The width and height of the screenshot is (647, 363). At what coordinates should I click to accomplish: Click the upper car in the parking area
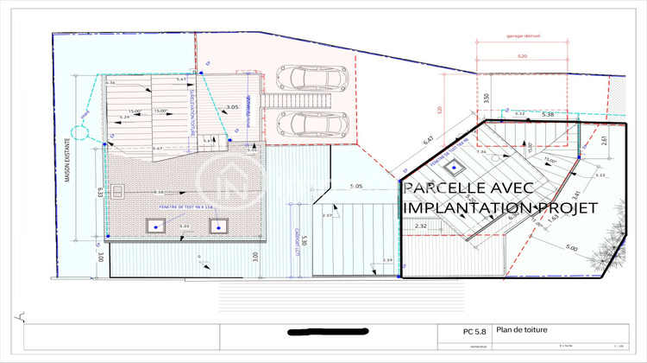[x=315, y=78]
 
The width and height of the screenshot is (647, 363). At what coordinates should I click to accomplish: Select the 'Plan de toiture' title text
[x=527, y=329]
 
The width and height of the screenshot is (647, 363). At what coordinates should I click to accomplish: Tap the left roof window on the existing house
[x=157, y=226]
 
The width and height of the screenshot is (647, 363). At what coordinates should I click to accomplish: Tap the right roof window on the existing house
[x=218, y=226]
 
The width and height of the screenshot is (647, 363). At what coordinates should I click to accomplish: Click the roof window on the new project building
[x=461, y=167]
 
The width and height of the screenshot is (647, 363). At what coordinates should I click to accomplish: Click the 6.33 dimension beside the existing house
[x=100, y=192]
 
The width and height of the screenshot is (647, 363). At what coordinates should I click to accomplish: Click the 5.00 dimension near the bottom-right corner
[x=571, y=248]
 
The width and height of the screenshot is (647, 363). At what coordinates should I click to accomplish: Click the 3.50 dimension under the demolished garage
[x=487, y=98]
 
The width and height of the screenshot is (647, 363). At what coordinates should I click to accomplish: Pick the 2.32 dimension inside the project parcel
[x=420, y=226]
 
